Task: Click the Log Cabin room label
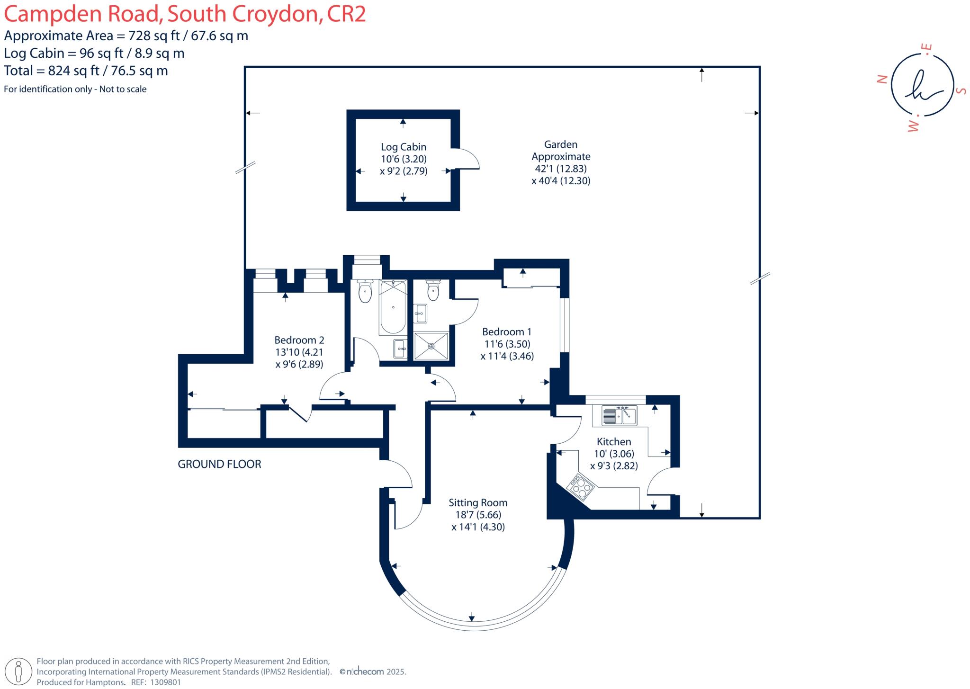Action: [x=404, y=147]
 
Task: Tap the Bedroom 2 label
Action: [x=299, y=340]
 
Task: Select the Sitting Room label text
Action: [x=478, y=503]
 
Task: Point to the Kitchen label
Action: [x=614, y=442]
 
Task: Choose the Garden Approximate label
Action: [x=561, y=151]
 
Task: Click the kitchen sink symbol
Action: [x=619, y=415]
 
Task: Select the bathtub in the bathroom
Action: [x=393, y=307]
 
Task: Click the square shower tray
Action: [x=431, y=346]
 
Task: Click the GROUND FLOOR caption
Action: [x=219, y=464]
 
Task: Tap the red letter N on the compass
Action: [x=882, y=79]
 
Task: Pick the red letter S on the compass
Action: [x=961, y=90]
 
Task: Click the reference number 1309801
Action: [x=165, y=682]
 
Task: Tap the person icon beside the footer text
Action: [x=19, y=671]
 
